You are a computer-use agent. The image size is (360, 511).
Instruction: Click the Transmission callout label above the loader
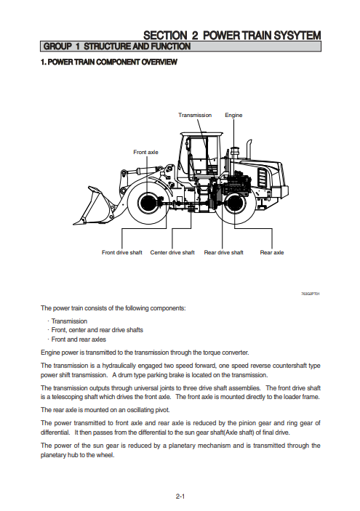(195, 115)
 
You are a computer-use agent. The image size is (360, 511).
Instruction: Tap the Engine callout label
(233, 116)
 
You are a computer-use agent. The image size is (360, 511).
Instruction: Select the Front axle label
(145, 152)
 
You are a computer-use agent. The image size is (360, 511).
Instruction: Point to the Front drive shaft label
(122, 252)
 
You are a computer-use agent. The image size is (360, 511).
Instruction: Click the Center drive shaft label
(172, 252)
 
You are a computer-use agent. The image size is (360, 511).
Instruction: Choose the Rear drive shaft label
(224, 252)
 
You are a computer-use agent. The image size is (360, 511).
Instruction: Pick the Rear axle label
(271, 252)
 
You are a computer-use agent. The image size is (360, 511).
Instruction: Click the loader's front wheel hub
(146, 203)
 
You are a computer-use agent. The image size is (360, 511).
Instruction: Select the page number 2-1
(180, 496)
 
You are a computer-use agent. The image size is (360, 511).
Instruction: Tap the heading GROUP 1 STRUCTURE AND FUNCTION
(117, 47)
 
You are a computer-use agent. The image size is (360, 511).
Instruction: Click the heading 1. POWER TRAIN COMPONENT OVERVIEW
(109, 62)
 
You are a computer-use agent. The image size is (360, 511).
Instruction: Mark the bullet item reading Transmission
(69, 321)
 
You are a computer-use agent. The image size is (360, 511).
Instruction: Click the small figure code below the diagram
(311, 294)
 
